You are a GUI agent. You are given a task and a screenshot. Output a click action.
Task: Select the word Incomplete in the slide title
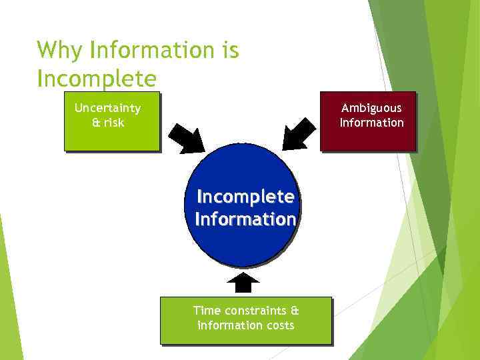coord(97,78)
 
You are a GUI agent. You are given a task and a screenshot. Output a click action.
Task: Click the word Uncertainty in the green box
coord(107,108)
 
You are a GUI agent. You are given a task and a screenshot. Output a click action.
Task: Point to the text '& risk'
coord(108,123)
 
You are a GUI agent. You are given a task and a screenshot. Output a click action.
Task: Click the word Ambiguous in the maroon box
coord(371,108)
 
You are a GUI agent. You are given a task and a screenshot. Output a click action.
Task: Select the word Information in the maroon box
coord(371,123)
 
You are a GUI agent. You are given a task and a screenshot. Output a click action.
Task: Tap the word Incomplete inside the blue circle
coord(245,197)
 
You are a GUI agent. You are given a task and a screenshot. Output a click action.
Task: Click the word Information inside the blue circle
coord(245,219)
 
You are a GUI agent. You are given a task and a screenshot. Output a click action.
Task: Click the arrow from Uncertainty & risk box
coord(186,138)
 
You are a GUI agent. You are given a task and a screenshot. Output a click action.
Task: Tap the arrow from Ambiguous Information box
coord(298,134)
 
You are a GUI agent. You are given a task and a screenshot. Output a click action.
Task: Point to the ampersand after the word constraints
coord(295,311)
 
